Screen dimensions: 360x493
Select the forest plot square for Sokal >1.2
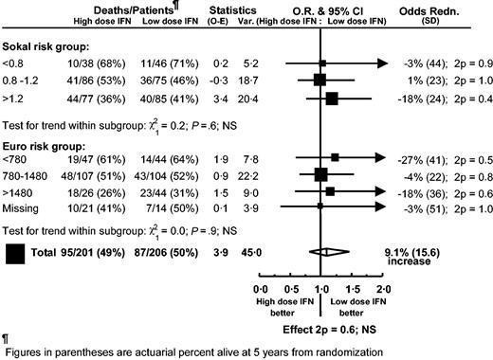(332, 98)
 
